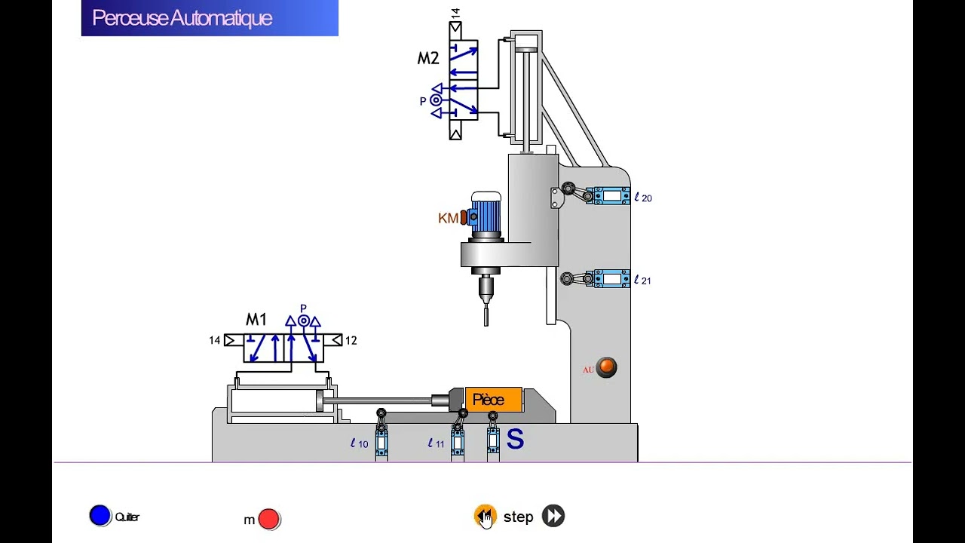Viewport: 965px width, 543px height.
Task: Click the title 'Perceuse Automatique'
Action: [182, 18]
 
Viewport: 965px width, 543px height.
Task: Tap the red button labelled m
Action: [269, 519]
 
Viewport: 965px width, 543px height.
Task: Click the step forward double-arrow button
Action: [553, 516]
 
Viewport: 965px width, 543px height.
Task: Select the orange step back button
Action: [485, 516]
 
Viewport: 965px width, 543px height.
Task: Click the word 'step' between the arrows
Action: [518, 517]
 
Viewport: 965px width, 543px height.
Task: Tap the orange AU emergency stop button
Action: [606, 368]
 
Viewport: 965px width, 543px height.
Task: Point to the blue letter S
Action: [515, 439]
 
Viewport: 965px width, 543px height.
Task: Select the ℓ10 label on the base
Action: [360, 443]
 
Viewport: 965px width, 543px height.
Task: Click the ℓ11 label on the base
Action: [437, 443]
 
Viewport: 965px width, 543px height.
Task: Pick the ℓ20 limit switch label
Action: [643, 198]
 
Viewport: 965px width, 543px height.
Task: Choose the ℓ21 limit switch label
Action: [642, 280]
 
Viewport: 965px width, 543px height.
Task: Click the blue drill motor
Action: [486, 216]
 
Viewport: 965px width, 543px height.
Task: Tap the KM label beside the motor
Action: [448, 218]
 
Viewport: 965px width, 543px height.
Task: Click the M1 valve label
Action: [256, 320]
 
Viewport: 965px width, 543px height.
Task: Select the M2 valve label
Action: [428, 59]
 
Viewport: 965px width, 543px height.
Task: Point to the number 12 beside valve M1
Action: [351, 341]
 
